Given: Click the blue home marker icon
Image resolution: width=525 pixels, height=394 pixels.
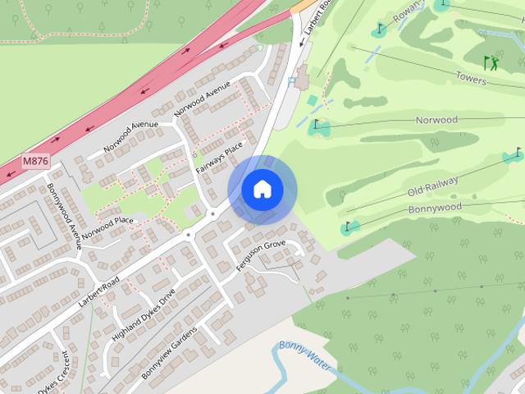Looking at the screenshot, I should (x=262, y=190).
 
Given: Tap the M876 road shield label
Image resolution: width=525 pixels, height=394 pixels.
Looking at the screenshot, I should (x=34, y=161).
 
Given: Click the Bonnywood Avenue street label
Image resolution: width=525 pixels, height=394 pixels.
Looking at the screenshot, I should (x=64, y=214).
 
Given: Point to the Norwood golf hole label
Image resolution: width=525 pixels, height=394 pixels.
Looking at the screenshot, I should (x=436, y=120).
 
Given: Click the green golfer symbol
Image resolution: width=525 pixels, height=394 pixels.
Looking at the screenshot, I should (x=491, y=62).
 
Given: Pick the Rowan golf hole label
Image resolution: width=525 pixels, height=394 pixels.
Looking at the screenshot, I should (x=409, y=12).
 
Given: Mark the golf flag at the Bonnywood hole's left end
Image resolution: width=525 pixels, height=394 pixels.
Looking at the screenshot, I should (x=348, y=226).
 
